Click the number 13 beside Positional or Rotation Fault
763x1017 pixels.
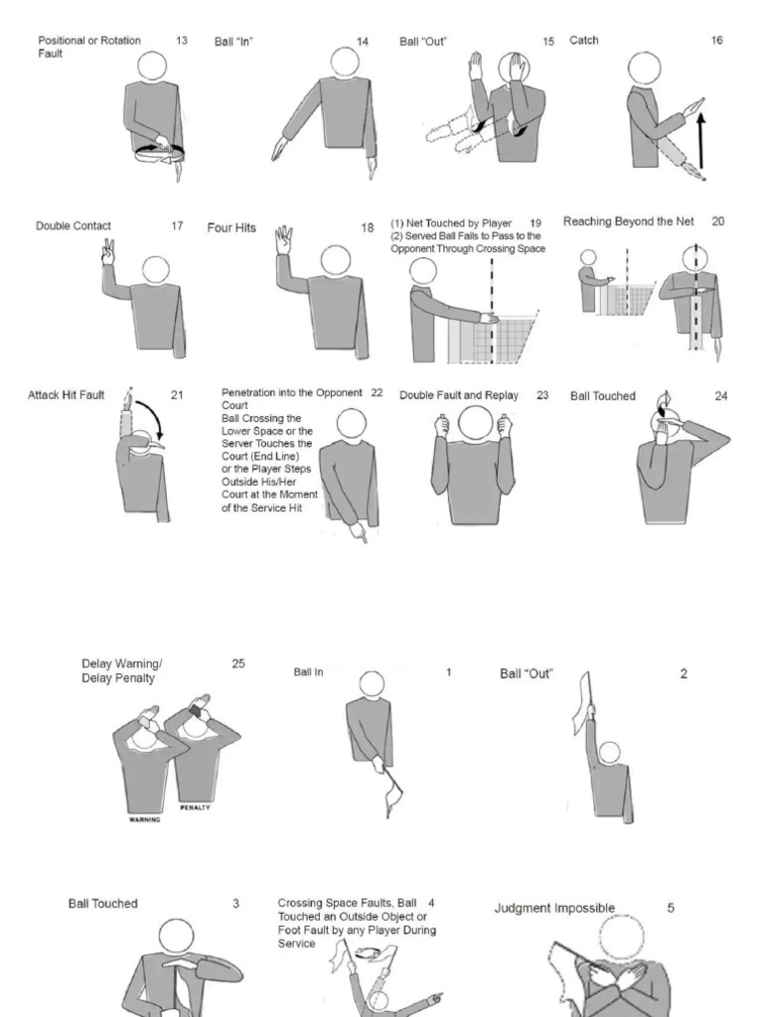pyautogui.click(x=182, y=41)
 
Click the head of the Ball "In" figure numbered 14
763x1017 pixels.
pyautogui.click(x=345, y=62)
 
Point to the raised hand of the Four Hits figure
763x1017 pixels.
pyautogui.click(x=284, y=238)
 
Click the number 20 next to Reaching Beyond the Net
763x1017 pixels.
pyautogui.click(x=717, y=221)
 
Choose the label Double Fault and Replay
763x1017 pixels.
pyautogui.click(x=459, y=395)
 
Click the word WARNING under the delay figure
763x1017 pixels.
pyautogui.click(x=145, y=820)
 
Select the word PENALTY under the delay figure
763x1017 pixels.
pyautogui.click(x=196, y=807)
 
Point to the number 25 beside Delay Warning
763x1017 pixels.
pyautogui.click(x=238, y=663)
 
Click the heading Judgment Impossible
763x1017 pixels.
pyautogui.click(x=554, y=908)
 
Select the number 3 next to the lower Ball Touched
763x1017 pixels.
pyautogui.click(x=235, y=904)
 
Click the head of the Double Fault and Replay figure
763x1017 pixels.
pyautogui.click(x=475, y=424)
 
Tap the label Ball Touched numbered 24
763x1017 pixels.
pyautogui.click(x=603, y=396)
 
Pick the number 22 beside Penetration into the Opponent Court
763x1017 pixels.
pyautogui.click(x=377, y=392)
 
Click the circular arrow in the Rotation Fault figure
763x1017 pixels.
pyautogui.click(x=160, y=152)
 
